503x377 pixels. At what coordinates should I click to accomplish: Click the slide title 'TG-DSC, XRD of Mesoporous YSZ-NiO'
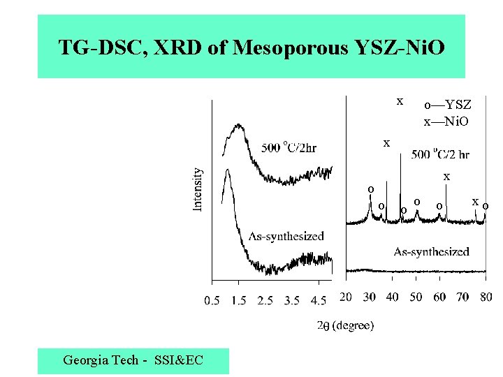[251, 47]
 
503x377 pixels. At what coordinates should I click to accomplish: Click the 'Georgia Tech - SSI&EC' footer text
[133, 360]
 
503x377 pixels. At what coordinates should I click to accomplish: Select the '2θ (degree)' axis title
[345, 325]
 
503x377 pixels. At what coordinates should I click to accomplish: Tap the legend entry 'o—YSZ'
[448, 105]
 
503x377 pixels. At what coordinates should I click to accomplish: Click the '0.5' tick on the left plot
[212, 300]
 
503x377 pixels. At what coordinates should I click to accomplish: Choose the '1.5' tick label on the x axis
[238, 300]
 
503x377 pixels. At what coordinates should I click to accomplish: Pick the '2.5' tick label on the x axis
[265, 300]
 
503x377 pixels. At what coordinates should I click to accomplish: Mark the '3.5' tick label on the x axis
[291, 300]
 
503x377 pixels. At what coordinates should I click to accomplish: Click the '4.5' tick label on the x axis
[318, 300]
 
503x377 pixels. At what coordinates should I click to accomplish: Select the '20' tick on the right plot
[346, 297]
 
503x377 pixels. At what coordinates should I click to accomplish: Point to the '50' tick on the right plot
[416, 297]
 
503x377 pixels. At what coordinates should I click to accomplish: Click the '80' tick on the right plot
[485, 297]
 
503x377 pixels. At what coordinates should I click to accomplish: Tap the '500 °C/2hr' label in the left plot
[289, 147]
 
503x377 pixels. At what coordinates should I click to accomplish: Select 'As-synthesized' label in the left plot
[286, 236]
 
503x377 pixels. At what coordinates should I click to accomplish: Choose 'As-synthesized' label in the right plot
[431, 251]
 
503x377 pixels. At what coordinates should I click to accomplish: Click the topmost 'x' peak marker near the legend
[400, 101]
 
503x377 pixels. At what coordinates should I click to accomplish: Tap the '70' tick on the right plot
[462, 297]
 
